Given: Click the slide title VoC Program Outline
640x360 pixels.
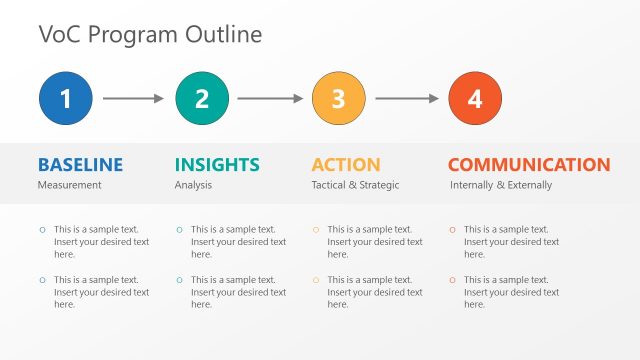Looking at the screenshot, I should click(150, 34).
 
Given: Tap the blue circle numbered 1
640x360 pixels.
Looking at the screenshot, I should click(66, 98).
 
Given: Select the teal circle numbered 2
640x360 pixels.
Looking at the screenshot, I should click(202, 98).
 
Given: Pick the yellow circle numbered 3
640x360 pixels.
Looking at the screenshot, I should click(339, 98).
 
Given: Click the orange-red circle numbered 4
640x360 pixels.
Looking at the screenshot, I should click(475, 98).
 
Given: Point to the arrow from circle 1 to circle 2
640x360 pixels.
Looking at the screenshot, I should click(133, 98).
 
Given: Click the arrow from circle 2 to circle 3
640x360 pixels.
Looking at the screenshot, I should click(270, 98).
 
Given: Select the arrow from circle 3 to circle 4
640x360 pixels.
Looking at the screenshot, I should click(407, 98).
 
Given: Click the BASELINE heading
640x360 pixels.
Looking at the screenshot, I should click(80, 165).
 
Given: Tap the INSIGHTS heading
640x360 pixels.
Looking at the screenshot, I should click(217, 165).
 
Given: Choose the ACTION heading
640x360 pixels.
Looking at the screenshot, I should click(346, 165).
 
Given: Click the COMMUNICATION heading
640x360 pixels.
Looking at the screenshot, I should click(529, 165).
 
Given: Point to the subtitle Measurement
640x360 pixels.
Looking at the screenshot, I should click(70, 185).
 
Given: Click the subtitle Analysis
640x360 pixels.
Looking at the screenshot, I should click(193, 185).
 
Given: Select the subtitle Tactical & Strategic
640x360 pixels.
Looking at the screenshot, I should click(355, 185).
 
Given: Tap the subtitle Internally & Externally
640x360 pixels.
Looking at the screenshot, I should click(500, 185).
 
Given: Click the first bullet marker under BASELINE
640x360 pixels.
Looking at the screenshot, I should click(42, 230).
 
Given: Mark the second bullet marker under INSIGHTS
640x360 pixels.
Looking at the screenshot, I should click(179, 281).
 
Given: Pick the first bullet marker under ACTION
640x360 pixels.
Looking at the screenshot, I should click(315, 230).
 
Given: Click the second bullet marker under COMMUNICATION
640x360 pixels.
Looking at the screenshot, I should click(452, 281).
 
